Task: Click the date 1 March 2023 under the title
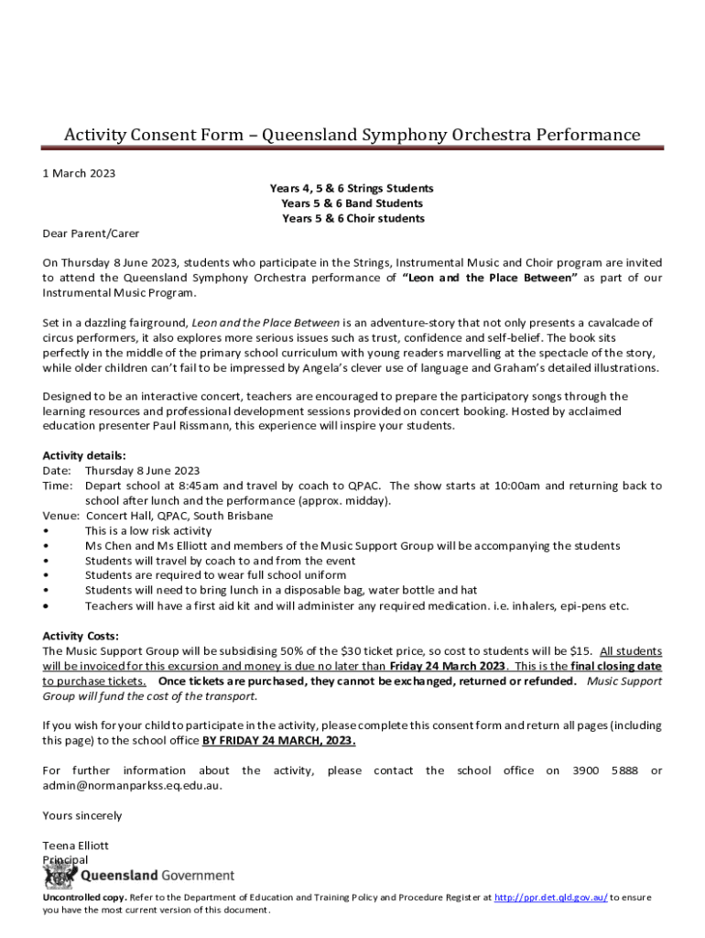tap(79, 173)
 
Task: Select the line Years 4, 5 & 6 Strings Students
tap(352, 188)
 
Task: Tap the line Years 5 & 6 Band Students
tap(352, 203)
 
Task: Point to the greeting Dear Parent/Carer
tap(91, 234)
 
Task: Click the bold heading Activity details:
tap(84, 455)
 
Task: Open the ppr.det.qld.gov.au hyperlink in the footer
tap(551, 898)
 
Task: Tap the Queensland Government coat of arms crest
tap(60, 877)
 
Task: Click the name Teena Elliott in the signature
tap(75, 845)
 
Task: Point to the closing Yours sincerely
tap(82, 815)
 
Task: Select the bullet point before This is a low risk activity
tap(46, 531)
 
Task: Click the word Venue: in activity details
tap(61, 516)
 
